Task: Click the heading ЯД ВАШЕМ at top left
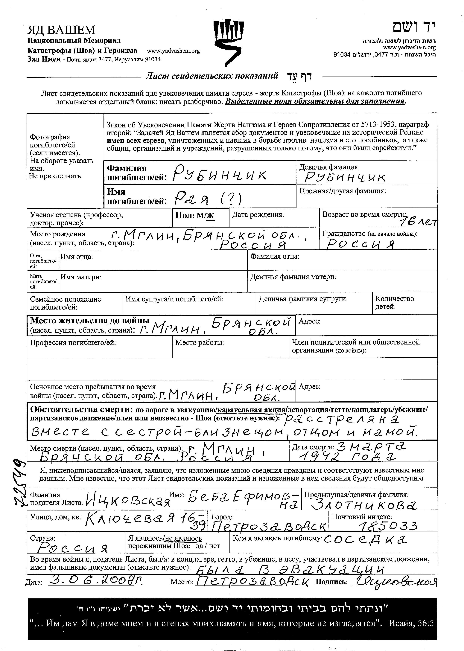tap(61, 30)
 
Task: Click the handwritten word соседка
tap(365, 539)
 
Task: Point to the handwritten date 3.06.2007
tap(96, 580)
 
